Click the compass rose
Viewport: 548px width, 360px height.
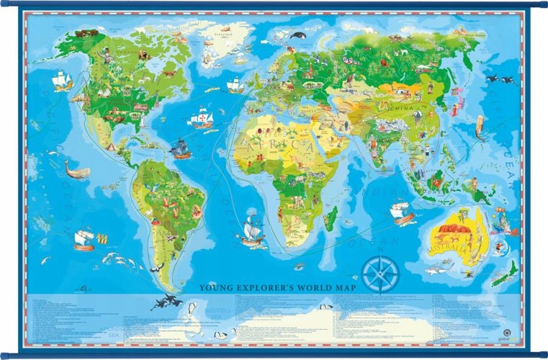click(x=381, y=274)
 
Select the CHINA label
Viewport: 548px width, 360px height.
click(x=400, y=109)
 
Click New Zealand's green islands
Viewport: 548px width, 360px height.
click(x=510, y=272)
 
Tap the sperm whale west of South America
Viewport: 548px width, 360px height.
click(x=76, y=171)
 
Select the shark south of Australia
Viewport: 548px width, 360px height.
click(x=434, y=271)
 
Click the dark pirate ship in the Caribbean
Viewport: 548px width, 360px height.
click(x=181, y=149)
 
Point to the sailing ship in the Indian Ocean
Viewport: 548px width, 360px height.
click(x=400, y=211)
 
